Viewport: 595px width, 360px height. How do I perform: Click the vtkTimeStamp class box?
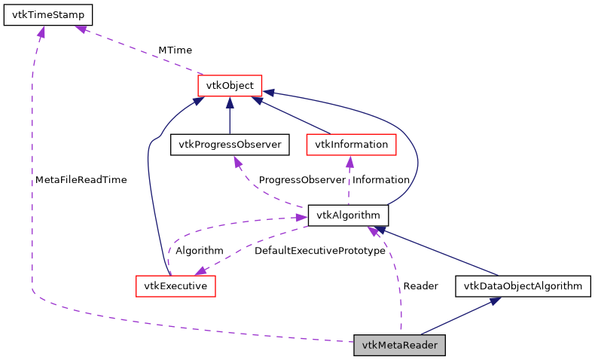pos(48,15)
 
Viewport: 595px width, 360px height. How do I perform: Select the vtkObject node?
pos(229,86)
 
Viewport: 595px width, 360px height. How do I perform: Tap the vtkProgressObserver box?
pos(230,144)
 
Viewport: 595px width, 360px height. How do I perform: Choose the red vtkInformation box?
pos(351,144)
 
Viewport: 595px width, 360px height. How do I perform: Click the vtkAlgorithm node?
pos(348,215)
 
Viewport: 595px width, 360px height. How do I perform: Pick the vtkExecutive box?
pos(175,285)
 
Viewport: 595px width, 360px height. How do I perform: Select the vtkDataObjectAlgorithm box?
pos(523,285)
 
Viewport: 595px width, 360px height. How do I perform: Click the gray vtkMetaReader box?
pos(400,346)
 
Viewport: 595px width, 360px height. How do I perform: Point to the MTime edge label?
pos(175,50)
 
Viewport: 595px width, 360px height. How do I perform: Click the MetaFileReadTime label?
pos(81,180)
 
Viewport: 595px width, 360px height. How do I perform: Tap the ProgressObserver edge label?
pos(301,180)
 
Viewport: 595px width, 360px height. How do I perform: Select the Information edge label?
pos(380,180)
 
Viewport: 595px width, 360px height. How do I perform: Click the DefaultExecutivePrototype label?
pos(319,250)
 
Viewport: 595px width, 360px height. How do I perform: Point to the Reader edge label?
pos(420,286)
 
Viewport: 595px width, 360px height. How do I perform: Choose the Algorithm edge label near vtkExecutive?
pos(199,250)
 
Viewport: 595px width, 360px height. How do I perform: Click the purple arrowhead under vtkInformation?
pos(350,161)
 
